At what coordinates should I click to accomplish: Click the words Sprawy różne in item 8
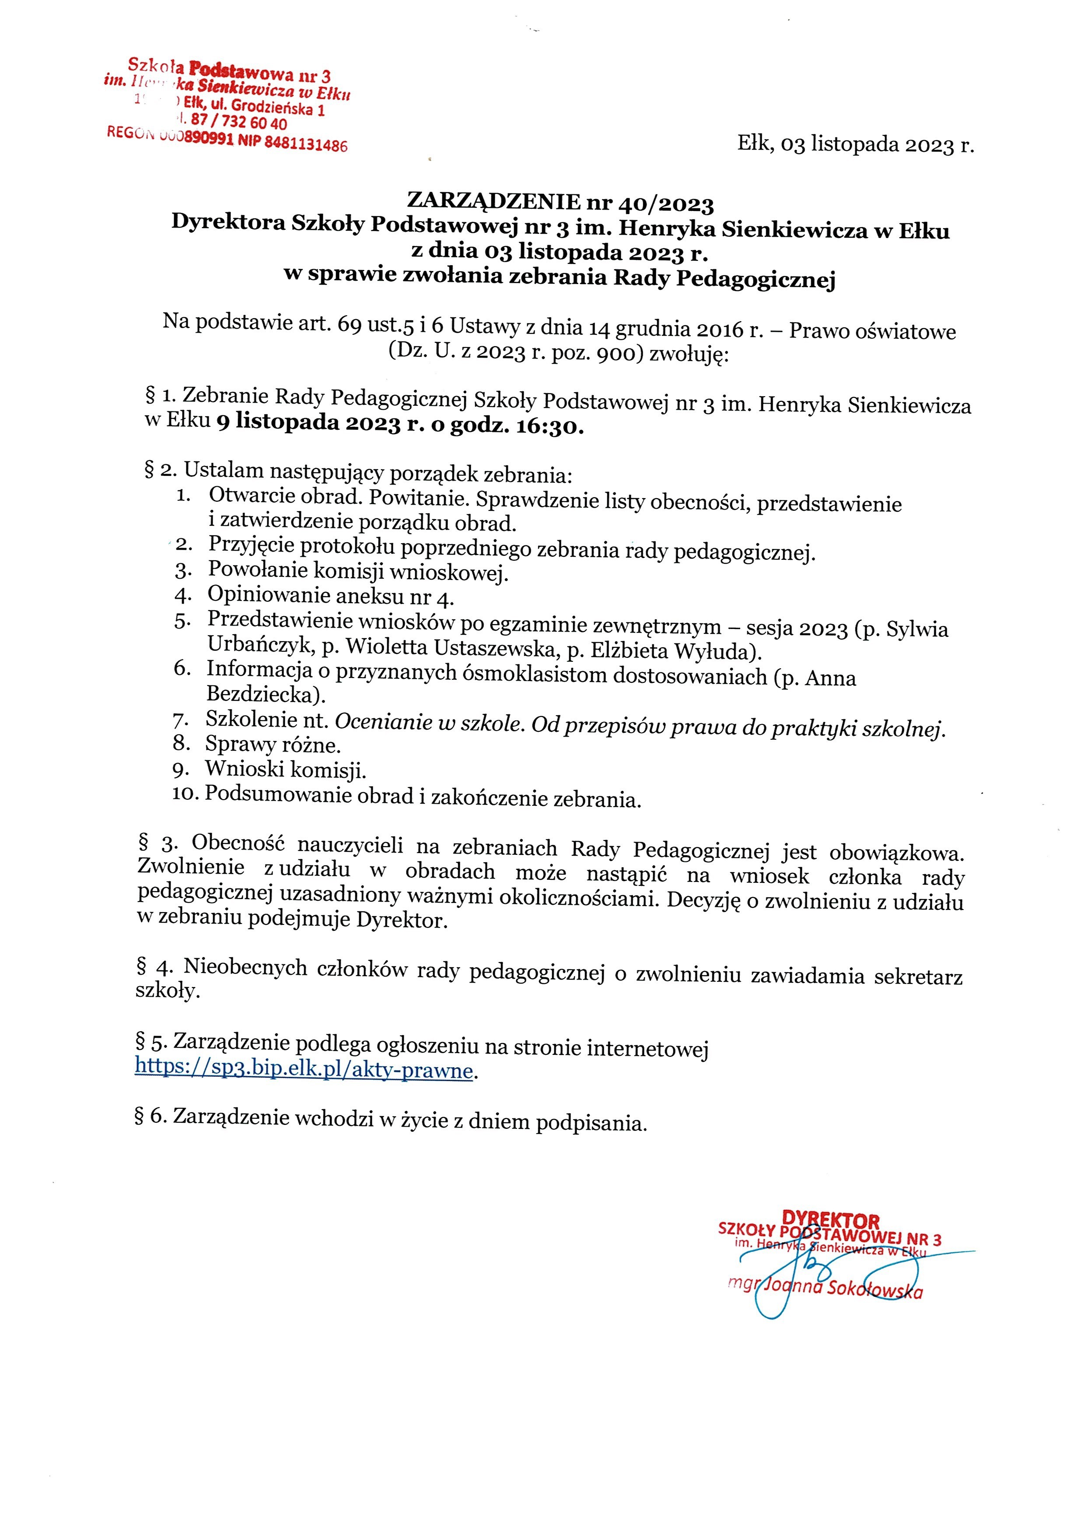pos(273,745)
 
